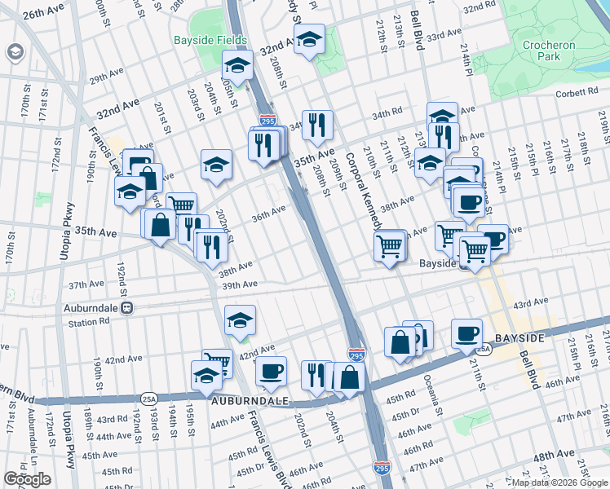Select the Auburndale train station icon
pos(126,308)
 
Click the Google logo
pos(27,478)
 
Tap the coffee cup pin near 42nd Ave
pos(271,372)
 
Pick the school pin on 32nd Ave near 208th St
pos(309,41)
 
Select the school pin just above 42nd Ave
pos(239,320)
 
